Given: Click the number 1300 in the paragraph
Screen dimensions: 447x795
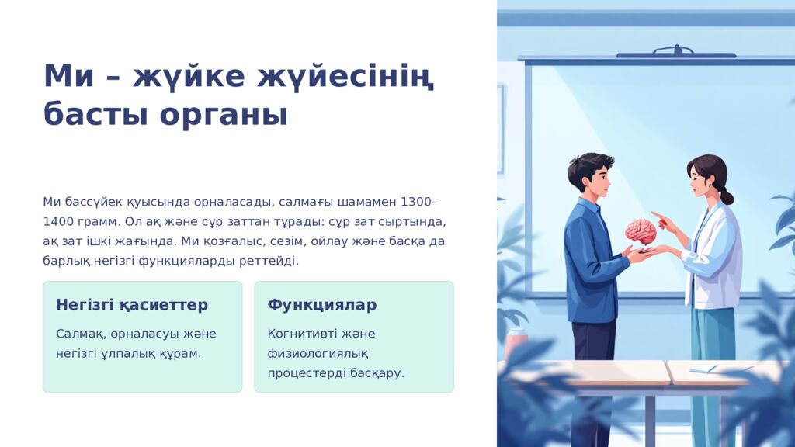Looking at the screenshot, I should tap(415, 203).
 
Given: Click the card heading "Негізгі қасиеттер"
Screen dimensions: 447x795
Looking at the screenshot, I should tap(132, 305).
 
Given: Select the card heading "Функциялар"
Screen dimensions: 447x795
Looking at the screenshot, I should tap(322, 305).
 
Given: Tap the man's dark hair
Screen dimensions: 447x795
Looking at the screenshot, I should tap(590, 165).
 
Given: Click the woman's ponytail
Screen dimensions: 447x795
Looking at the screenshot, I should tap(726, 195).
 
